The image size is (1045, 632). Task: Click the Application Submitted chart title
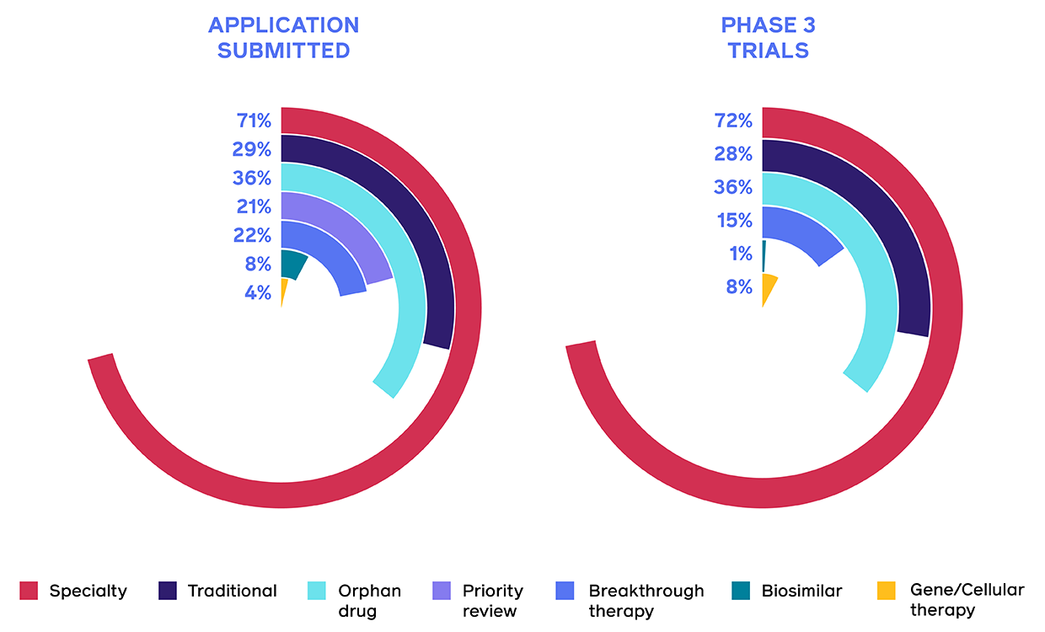tap(283, 38)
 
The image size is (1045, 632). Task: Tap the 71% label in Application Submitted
tap(254, 121)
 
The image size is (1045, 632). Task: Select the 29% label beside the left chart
tap(253, 149)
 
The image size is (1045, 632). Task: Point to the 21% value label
tap(253, 206)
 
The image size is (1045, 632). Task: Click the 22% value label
tap(253, 235)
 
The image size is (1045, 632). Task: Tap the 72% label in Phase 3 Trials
tap(733, 121)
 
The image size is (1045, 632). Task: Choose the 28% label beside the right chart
tap(733, 154)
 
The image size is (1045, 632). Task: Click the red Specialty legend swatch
tap(29, 591)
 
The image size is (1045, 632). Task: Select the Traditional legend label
tap(232, 591)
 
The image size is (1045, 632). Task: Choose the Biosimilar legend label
tap(801, 591)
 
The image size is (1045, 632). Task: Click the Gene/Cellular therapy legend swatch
tap(886, 591)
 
